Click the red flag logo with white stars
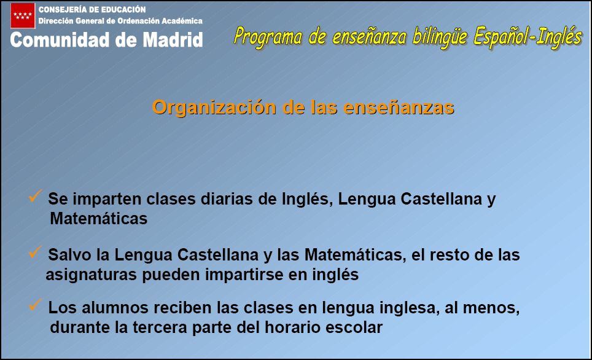click(23, 15)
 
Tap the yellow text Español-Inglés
click(528, 37)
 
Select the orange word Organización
click(214, 108)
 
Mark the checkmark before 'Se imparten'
click(35, 195)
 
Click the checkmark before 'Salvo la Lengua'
click(35, 252)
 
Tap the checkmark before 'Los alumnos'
click(35, 305)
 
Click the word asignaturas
click(91, 275)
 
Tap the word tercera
click(160, 327)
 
